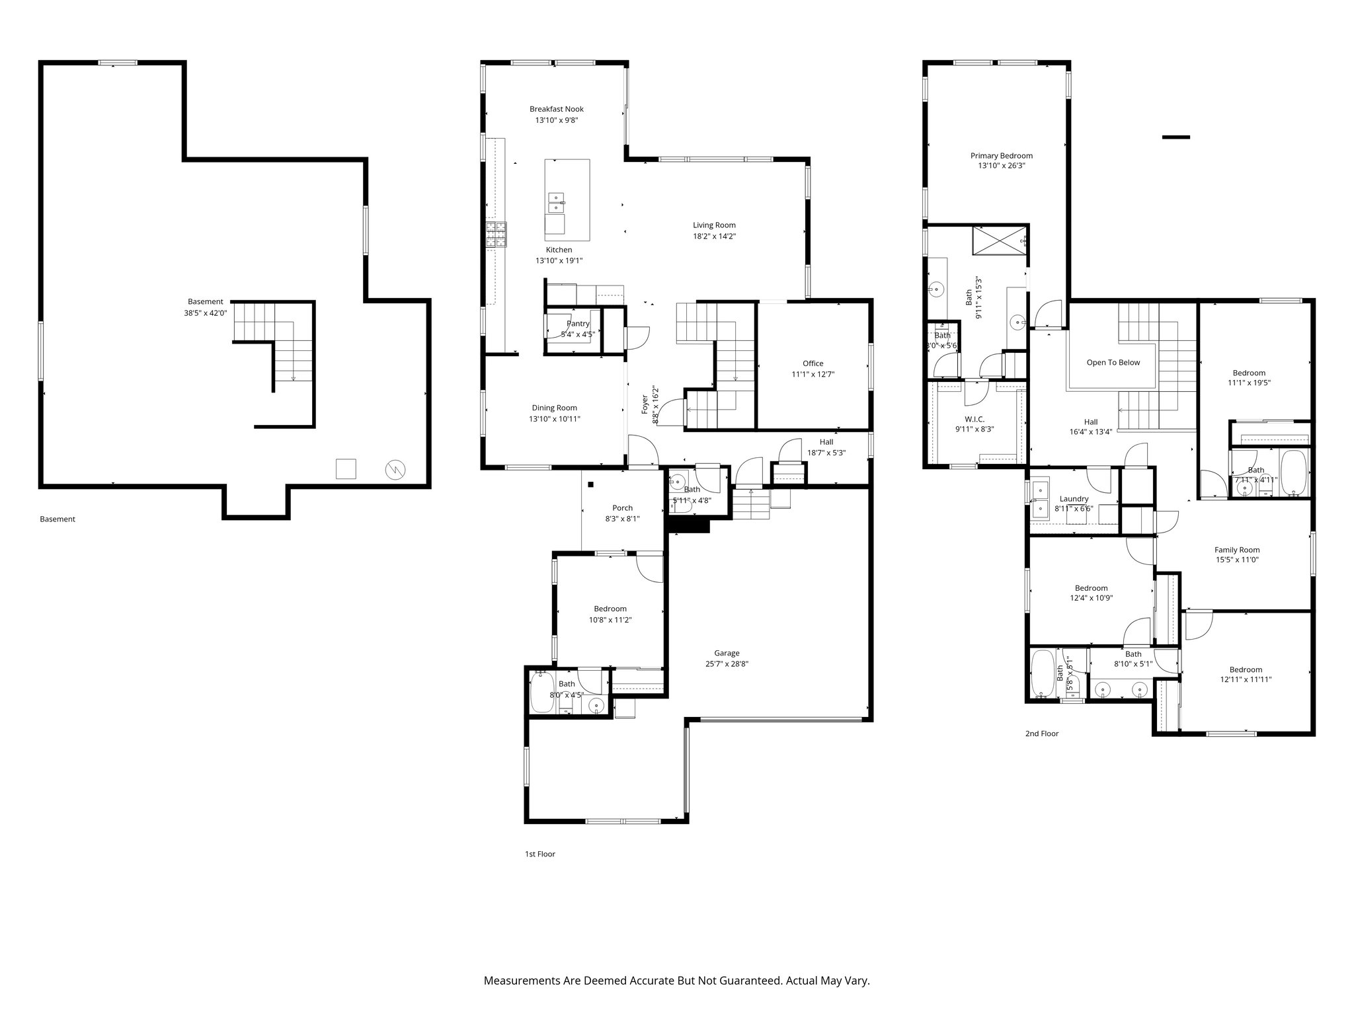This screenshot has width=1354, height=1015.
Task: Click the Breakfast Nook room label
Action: click(x=556, y=109)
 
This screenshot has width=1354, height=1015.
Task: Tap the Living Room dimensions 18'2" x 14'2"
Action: click(x=714, y=236)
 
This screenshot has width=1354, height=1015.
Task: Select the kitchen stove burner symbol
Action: click(x=496, y=235)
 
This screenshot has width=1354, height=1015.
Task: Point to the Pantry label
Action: click(x=577, y=324)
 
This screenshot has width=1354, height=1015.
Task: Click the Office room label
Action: click(x=813, y=363)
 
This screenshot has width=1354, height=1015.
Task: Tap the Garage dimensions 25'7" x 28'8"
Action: click(x=726, y=664)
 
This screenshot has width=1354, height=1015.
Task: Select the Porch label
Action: click(x=622, y=508)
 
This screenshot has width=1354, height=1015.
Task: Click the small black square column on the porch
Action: click(x=591, y=484)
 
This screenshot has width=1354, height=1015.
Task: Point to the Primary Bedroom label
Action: click(x=1001, y=156)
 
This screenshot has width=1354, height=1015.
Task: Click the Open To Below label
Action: click(x=1113, y=362)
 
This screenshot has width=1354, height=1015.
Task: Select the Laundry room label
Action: click(x=1074, y=499)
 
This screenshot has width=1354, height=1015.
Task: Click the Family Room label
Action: click(x=1236, y=550)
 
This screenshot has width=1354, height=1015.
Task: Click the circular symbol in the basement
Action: click(x=395, y=470)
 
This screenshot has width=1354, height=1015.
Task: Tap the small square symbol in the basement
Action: click(x=346, y=469)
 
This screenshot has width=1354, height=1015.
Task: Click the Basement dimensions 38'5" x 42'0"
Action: click(x=206, y=313)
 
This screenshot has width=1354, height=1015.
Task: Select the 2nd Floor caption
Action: click(x=1041, y=733)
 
